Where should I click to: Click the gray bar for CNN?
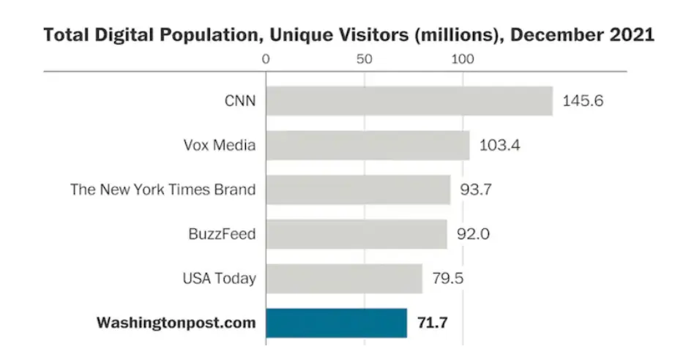click(408, 101)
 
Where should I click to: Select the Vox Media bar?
click(367, 146)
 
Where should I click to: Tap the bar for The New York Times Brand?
click(358, 190)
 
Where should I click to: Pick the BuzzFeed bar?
click(357, 234)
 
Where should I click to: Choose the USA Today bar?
click(344, 279)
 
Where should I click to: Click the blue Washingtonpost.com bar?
click(336, 323)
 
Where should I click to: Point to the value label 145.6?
click(582, 101)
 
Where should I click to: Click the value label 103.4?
click(499, 146)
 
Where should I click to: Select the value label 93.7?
click(475, 190)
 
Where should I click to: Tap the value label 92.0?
click(474, 234)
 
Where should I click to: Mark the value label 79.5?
click(448, 279)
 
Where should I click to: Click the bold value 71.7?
click(433, 323)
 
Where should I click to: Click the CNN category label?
click(240, 101)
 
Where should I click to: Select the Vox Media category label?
click(219, 146)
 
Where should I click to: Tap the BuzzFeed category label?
click(222, 234)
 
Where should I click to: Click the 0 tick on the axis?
click(266, 59)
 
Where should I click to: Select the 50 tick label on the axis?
click(365, 59)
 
